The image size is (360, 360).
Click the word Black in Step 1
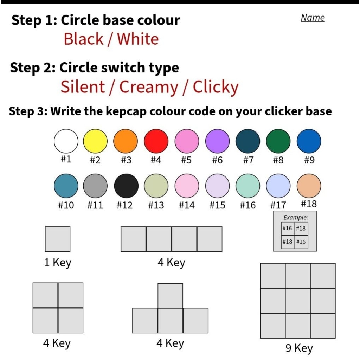coord(84,39)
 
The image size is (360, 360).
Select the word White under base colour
coord(138,39)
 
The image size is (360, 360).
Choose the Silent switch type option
coord(83,87)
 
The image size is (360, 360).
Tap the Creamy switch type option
coord(149,88)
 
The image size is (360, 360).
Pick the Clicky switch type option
coord(216,88)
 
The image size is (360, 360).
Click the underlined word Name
coord(313,18)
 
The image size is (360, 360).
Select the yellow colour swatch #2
coord(95,141)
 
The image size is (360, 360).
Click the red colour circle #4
coord(156,141)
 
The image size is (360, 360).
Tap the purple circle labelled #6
coord(217,141)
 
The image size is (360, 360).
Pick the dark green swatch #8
coord(278,141)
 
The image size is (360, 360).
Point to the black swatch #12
coord(126,186)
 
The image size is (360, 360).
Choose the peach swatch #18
coord(309,186)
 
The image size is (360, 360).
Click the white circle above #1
coord(66,141)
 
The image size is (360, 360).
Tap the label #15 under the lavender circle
coord(217,205)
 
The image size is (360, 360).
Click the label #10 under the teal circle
coord(66,205)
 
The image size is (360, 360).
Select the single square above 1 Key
coord(58,239)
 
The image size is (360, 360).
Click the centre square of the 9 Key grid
coord(298,301)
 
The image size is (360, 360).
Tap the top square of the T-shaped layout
coord(171,296)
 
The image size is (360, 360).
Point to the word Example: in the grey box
coord(296,217)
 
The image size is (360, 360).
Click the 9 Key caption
coord(299,348)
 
